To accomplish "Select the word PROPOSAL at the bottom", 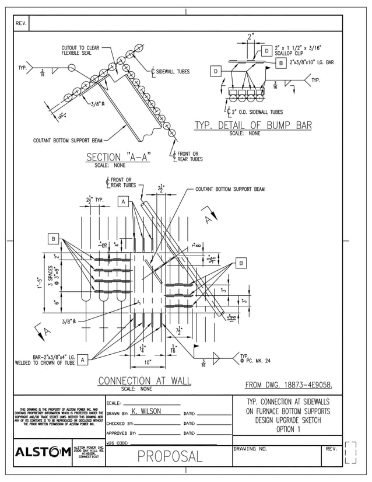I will pos(170,456).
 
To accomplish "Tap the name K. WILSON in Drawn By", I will pos(146,411).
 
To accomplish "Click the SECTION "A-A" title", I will pos(118,157).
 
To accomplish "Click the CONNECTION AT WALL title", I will pos(144,381).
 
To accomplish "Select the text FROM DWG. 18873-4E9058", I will pos(289,385).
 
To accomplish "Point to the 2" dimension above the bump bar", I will pos(251,37).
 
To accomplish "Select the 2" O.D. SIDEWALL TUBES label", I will pos(257,112).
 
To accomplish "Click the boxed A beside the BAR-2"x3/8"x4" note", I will pos(83,359).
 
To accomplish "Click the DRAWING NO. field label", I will pos(250,449).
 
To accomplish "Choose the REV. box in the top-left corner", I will pos(21,23).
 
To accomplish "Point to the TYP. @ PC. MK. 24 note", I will pos(251,358).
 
